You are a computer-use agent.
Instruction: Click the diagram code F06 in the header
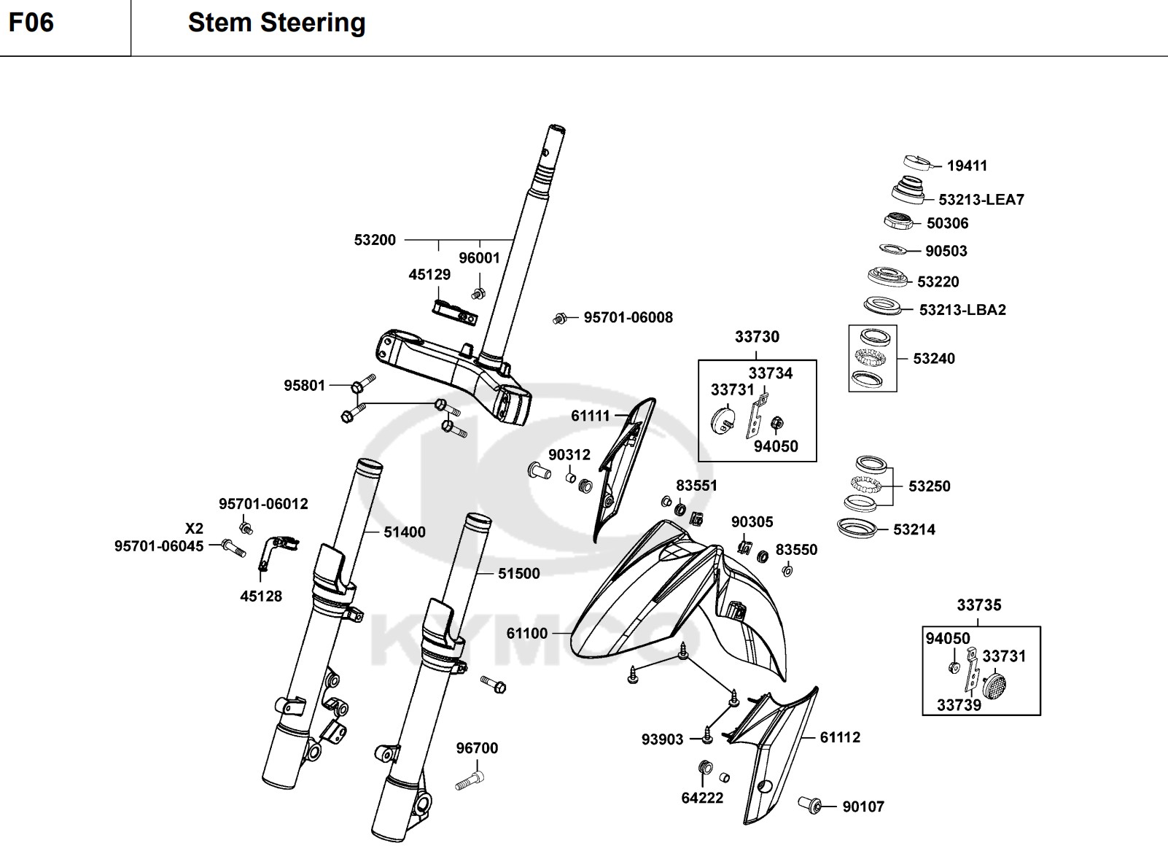tap(31, 23)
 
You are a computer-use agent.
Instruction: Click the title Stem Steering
tap(276, 23)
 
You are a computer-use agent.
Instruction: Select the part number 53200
tap(375, 240)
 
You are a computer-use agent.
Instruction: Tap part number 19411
tap(967, 166)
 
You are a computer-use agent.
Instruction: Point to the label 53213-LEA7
tap(981, 200)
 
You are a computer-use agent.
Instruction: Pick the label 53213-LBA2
tap(962, 310)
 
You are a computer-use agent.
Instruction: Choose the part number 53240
tap(934, 359)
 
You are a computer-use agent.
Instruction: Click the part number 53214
tap(914, 530)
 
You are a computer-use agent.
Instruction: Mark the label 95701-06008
tap(628, 318)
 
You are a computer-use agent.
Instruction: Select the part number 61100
tap(527, 634)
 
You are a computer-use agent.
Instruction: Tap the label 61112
tap(840, 738)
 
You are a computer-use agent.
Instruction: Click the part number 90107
tap(863, 807)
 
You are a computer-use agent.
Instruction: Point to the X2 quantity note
tap(194, 529)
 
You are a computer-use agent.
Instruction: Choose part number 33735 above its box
tap(979, 605)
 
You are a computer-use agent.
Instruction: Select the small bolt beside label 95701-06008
tap(560, 319)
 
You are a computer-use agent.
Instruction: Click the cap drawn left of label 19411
tap(917, 163)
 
